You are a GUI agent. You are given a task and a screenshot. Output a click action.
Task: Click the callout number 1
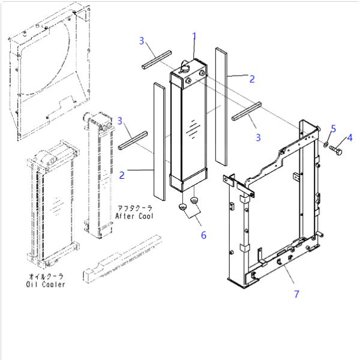(194, 37)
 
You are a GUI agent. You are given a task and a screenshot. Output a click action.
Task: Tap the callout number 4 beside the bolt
(350, 137)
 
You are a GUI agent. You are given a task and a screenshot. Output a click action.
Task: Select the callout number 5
(334, 128)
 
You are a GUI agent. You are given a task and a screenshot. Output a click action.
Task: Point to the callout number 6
(203, 235)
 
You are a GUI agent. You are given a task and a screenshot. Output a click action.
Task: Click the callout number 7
(296, 293)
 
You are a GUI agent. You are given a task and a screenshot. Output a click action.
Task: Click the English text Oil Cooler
(46, 284)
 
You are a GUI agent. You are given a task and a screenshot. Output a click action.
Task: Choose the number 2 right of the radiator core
(252, 79)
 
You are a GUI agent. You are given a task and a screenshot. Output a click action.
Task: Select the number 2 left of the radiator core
(122, 175)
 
